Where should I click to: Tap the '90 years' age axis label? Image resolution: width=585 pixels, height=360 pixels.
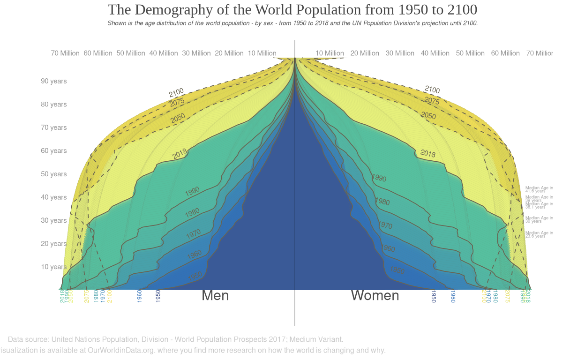tap(54, 81)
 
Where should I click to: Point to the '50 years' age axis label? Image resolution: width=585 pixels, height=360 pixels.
tap(54, 174)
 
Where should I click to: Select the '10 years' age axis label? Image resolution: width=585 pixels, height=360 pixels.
tap(54, 267)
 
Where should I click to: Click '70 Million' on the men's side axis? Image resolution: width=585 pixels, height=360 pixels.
tap(65, 53)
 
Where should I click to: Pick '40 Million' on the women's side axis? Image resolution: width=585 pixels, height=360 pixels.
tap(435, 53)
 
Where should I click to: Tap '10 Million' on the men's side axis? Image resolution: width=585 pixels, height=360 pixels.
tap(262, 53)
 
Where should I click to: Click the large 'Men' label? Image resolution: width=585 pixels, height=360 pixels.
tap(215, 295)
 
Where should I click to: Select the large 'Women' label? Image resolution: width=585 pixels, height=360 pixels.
tap(375, 295)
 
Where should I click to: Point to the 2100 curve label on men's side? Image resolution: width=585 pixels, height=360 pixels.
tap(176, 92)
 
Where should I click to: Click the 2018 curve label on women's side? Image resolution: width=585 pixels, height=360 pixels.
tap(427, 153)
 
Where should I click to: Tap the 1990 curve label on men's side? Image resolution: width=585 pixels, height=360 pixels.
tap(192, 191)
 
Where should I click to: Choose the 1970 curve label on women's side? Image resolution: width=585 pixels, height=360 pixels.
tap(385, 225)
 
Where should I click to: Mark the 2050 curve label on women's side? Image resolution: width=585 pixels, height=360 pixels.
tap(428, 116)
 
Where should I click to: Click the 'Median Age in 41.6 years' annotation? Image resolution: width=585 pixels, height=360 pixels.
tap(539, 189)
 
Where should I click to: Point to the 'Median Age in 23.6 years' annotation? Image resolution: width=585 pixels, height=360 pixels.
tap(539, 234)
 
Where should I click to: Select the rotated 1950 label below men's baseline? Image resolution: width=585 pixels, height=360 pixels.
tap(158, 296)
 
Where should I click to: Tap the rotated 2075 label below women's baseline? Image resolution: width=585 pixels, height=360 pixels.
tap(507, 296)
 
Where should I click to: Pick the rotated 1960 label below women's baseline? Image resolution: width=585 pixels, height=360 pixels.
tap(453, 296)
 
